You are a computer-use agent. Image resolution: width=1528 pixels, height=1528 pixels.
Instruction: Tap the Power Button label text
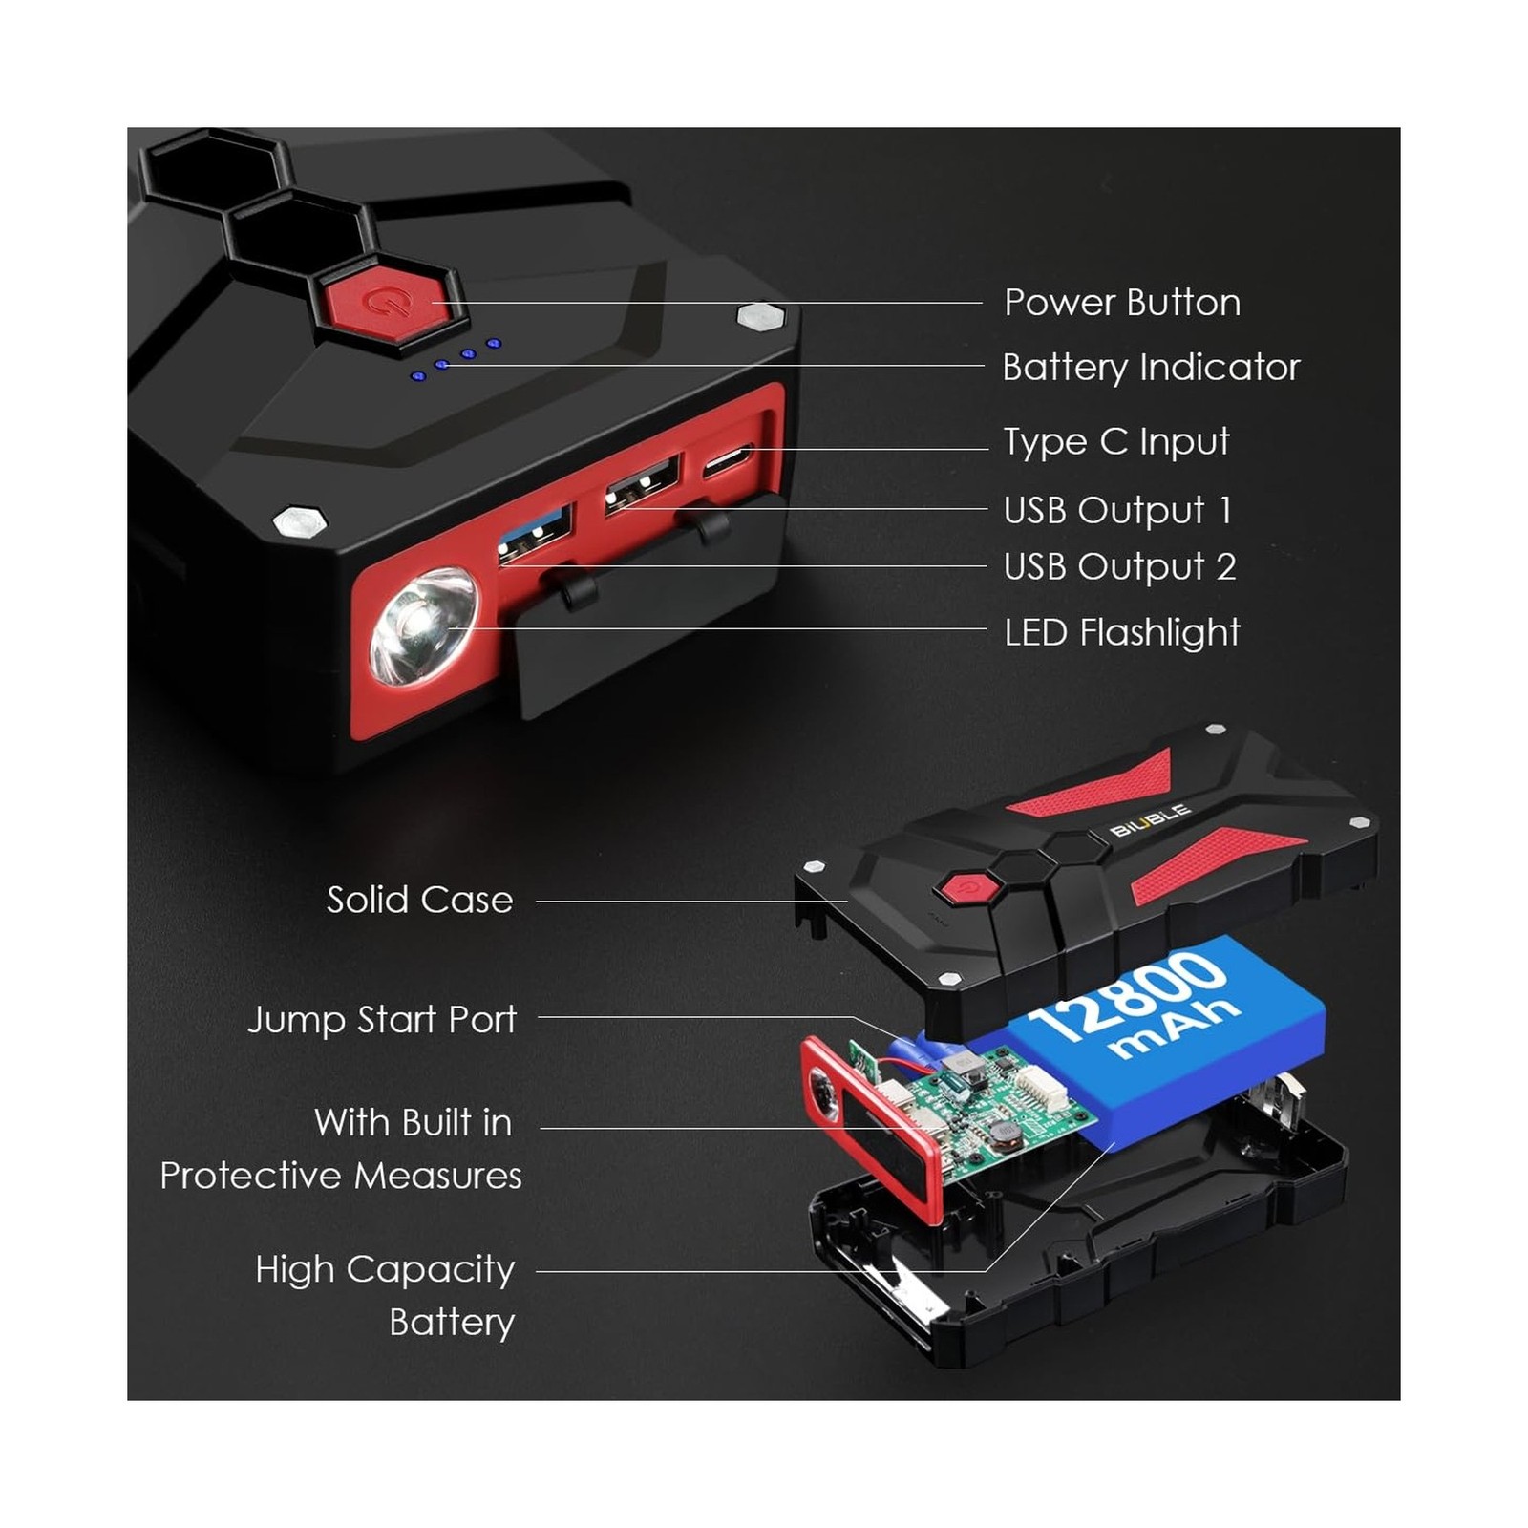click(1122, 303)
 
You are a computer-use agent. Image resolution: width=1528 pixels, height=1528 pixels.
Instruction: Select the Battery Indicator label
click(1151, 368)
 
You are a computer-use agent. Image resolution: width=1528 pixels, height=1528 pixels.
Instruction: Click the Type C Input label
click(1115, 442)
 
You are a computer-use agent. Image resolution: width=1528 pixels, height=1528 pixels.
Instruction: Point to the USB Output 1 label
click(1117, 510)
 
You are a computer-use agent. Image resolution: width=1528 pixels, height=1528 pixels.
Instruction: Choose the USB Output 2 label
click(1119, 566)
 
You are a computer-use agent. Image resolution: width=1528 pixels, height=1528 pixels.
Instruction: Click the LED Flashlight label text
click(1121, 632)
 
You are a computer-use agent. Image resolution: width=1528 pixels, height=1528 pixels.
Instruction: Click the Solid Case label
click(419, 900)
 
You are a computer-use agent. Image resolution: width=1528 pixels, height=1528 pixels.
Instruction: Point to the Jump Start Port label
click(382, 1019)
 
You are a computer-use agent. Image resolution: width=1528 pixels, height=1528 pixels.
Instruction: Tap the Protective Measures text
click(341, 1176)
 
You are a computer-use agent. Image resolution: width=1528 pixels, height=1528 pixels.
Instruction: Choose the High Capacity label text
click(385, 1269)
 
